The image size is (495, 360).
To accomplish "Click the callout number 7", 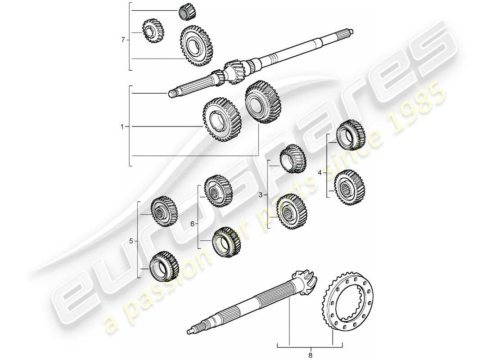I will [123, 40].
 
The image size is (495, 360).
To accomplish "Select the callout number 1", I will [122, 127].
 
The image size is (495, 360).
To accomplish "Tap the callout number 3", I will [260, 195].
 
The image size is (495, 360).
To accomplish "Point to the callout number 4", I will [320, 172].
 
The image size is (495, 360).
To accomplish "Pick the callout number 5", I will [131, 241].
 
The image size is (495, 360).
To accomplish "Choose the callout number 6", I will [192, 224].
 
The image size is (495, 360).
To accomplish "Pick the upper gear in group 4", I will [351, 135].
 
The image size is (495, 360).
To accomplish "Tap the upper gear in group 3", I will [292, 158].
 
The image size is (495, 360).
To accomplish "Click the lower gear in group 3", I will [292, 211].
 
